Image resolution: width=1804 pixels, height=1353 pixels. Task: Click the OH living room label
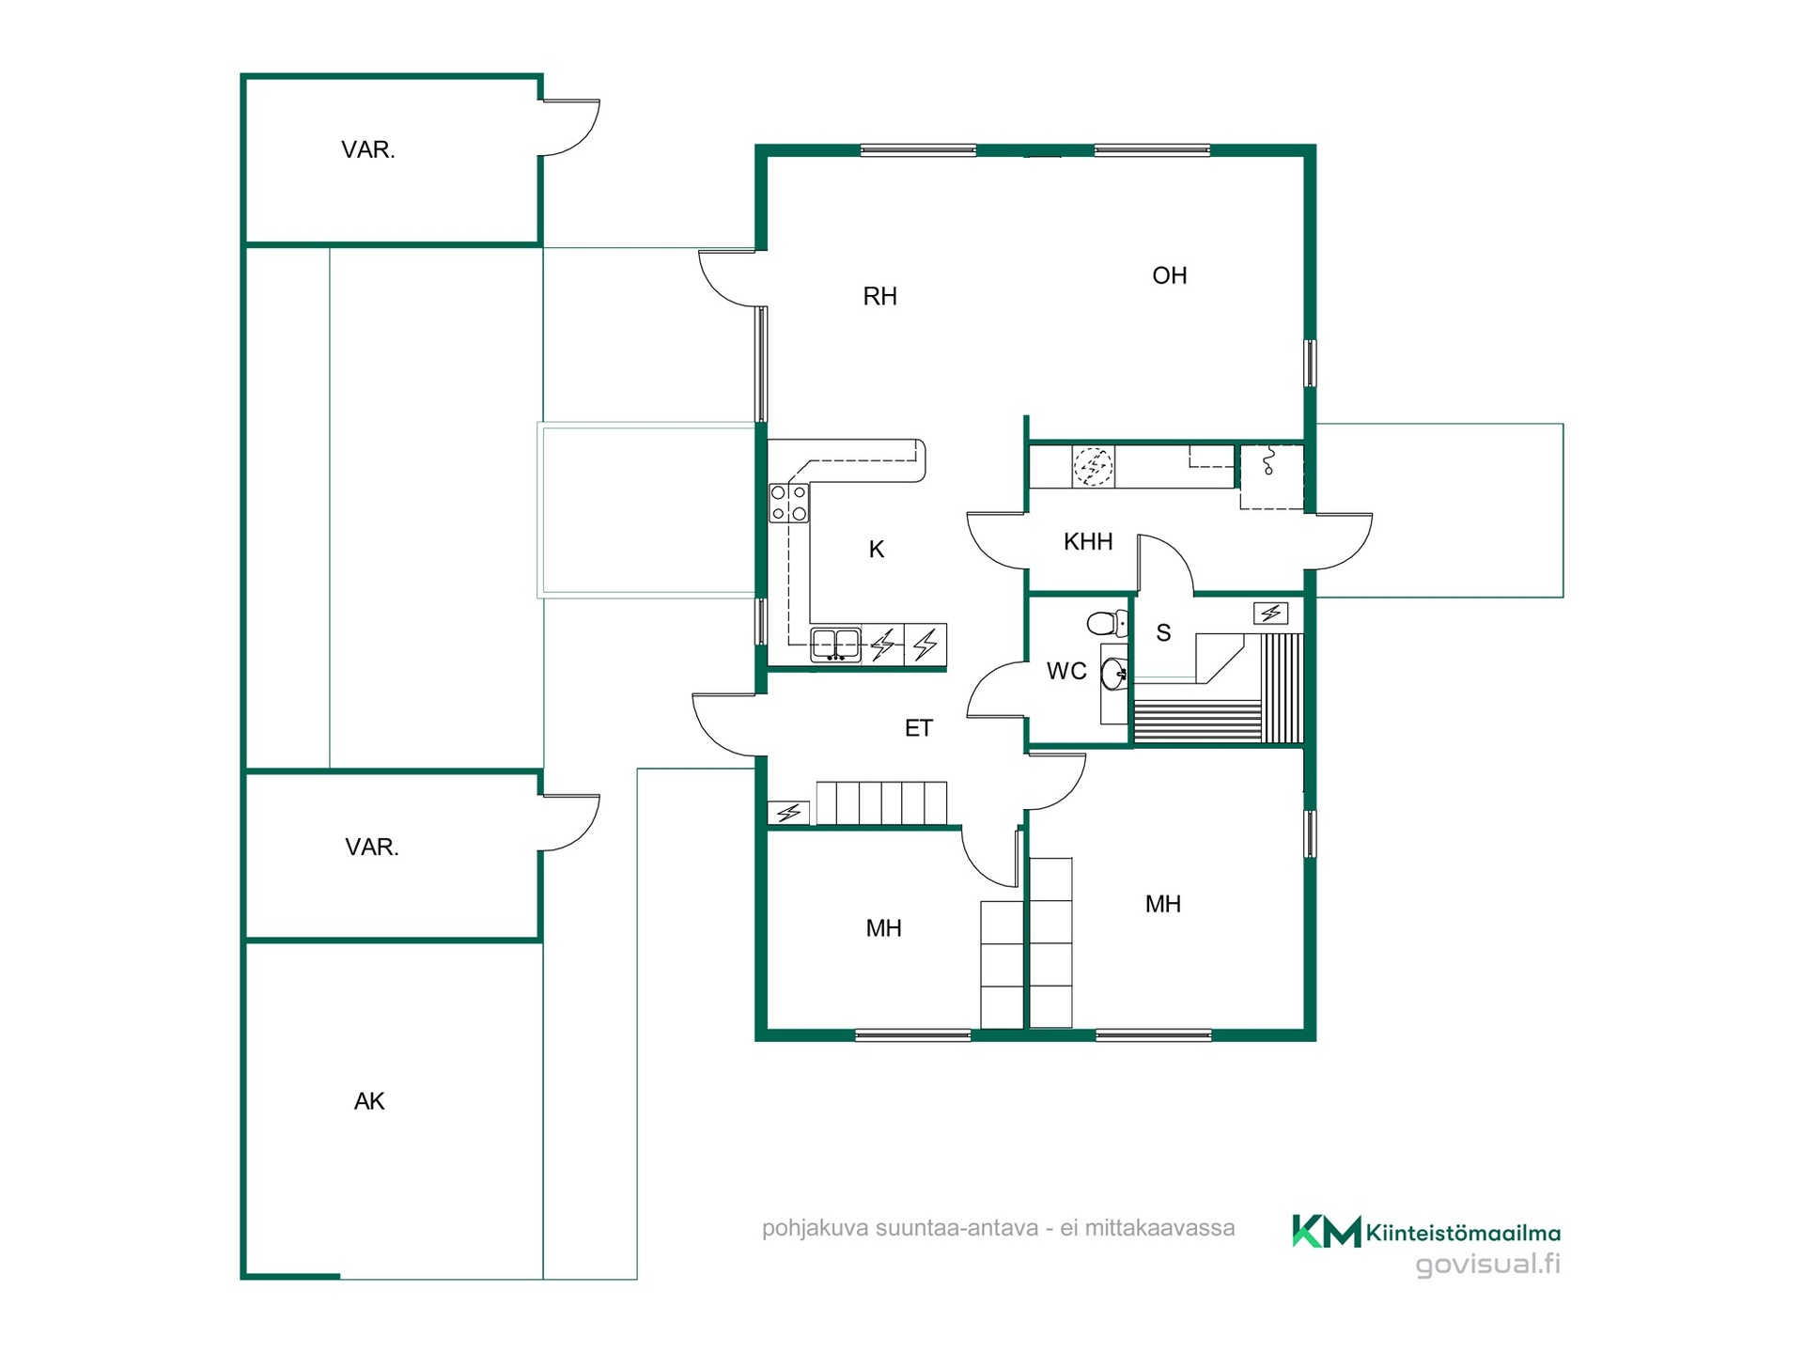pos(1170,275)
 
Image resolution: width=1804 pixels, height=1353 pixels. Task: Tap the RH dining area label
pos(879,297)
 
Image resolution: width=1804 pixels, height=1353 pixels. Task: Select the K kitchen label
pos(877,550)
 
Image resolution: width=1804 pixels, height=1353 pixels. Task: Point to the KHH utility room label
pos(1088,541)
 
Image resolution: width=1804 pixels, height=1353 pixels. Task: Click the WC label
pos(1066,671)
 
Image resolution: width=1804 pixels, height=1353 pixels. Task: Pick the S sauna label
pos(1163,633)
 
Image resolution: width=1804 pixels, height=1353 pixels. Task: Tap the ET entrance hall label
pos(919,728)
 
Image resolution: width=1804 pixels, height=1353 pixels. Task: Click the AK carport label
pos(369,1101)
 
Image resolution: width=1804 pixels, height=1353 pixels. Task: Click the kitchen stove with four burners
pos(788,503)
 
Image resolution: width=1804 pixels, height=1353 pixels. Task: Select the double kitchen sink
pos(835,645)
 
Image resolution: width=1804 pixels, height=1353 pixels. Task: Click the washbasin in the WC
pos(1114,674)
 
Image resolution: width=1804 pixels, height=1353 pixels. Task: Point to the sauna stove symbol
pos(1270,614)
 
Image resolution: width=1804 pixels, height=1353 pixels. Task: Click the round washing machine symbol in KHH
pos(1094,466)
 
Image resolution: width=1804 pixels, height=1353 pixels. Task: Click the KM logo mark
pos(1326,1231)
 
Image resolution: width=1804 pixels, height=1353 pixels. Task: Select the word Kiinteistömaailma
pos(1463,1233)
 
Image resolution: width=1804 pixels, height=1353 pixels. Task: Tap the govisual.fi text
pos(1488,1265)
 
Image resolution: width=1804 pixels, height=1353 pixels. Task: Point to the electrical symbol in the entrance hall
pos(788,813)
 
